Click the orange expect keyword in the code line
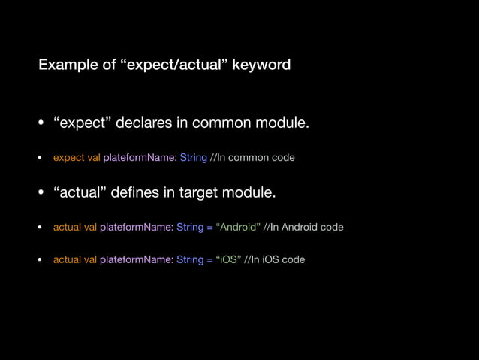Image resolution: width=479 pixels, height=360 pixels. click(68, 158)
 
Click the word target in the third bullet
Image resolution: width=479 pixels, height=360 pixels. click(196, 193)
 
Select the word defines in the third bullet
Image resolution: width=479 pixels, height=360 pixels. click(134, 193)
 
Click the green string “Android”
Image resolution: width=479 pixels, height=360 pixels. click(238, 227)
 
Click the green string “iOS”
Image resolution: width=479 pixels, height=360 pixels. click(228, 260)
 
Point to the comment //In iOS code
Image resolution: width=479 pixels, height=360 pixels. click(274, 260)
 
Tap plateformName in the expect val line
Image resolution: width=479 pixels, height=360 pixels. click(140, 158)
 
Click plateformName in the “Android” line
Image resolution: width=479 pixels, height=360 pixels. click(136, 227)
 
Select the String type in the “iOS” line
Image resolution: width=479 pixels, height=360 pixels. click(190, 260)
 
